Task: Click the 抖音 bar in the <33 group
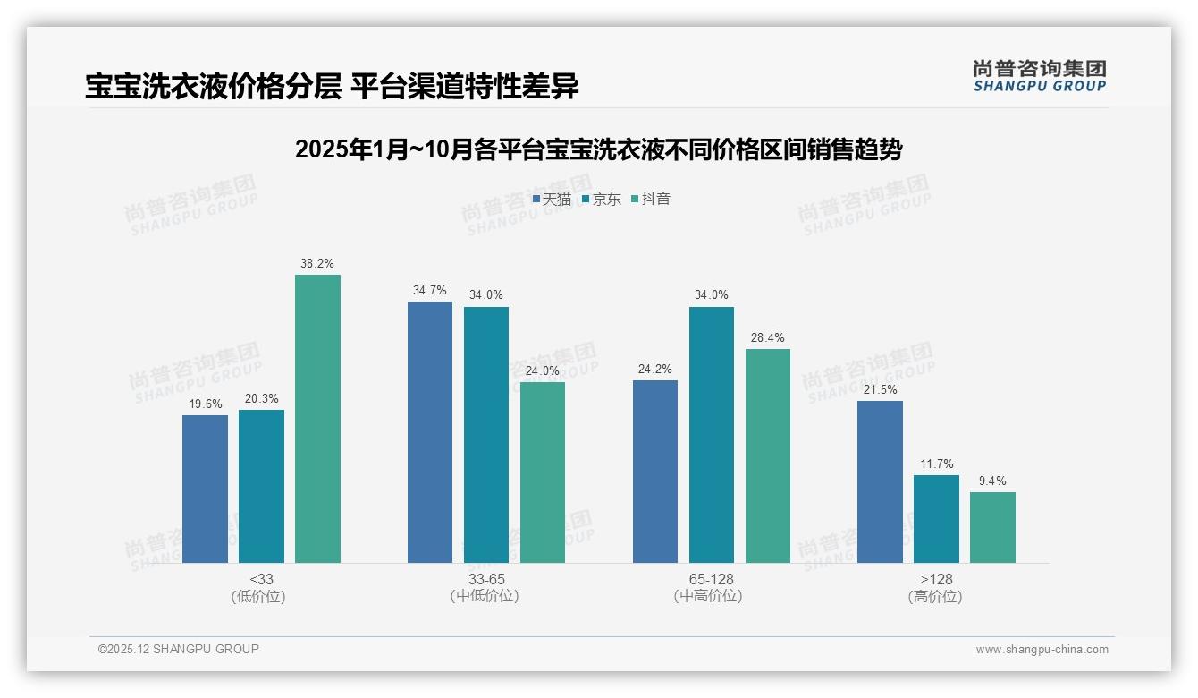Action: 317,419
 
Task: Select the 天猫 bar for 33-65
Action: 430,432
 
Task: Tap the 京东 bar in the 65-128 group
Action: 712,435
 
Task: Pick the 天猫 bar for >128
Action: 880,481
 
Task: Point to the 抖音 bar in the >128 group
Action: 992,527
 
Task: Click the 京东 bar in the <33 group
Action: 261,486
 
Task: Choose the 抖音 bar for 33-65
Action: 543,472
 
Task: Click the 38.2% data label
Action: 317,264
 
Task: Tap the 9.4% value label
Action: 992,481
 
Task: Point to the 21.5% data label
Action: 880,390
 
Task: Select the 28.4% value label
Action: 768,338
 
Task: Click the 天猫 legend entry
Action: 553,200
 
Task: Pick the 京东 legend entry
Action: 602,200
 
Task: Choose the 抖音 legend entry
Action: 651,200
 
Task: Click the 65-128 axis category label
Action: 712,579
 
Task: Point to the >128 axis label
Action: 936,579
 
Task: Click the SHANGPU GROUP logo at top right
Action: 1040,75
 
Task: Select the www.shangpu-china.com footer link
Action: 1042,650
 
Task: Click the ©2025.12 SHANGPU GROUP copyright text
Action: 179,649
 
